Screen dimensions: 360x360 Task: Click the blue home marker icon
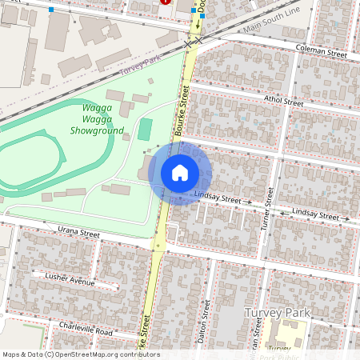coord(180,173)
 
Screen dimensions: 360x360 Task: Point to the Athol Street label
coord(283,102)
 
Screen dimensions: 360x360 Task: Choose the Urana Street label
coord(78,234)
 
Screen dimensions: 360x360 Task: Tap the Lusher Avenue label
coord(70,280)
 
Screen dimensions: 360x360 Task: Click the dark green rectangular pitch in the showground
coord(144,129)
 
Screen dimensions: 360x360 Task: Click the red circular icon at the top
coord(166,2)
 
